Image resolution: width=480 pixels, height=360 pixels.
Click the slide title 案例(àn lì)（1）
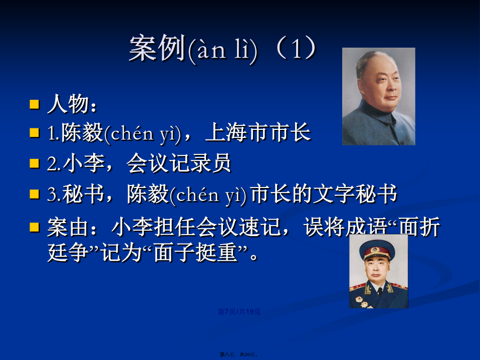click(x=223, y=49)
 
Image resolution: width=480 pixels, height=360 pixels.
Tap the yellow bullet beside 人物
click(x=35, y=104)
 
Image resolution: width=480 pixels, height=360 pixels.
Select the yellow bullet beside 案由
click(x=35, y=227)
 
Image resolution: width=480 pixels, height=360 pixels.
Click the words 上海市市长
click(x=259, y=133)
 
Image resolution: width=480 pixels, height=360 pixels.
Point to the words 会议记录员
click(x=178, y=163)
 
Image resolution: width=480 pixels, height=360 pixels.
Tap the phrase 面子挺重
click(x=195, y=253)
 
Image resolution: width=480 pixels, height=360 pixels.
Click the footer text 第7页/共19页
click(x=239, y=311)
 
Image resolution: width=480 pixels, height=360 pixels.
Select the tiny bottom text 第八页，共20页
click(x=239, y=354)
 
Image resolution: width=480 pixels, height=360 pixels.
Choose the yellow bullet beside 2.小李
click(x=35, y=163)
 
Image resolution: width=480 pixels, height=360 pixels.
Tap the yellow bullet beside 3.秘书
click(x=35, y=194)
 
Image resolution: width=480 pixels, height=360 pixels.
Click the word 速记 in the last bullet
click(x=260, y=227)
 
